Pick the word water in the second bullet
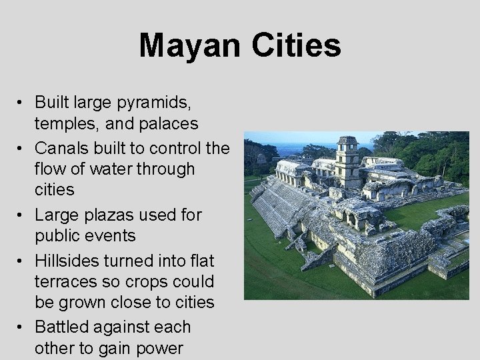point(119,169)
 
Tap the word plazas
point(113,215)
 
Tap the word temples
point(63,123)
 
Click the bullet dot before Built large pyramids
point(22,103)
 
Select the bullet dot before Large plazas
point(22,215)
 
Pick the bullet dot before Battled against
point(22,327)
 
